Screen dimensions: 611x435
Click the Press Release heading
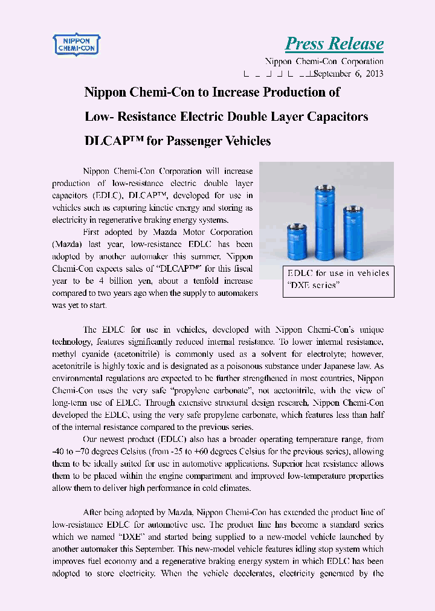point(334,43)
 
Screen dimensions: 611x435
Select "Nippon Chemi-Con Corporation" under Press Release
point(324,62)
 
